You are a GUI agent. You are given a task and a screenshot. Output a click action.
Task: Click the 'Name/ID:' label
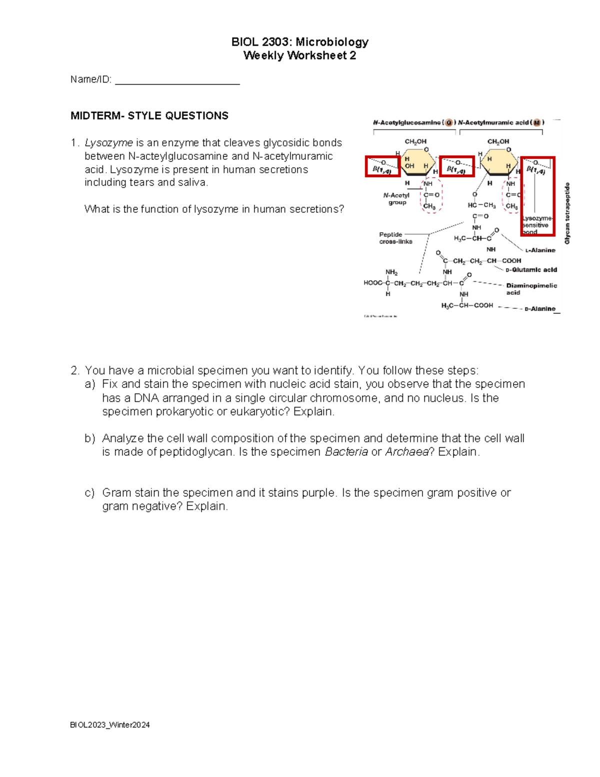click(x=90, y=80)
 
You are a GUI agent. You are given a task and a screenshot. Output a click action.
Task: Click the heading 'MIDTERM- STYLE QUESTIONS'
click(x=149, y=116)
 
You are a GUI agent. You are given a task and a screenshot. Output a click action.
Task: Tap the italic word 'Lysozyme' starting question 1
click(x=108, y=143)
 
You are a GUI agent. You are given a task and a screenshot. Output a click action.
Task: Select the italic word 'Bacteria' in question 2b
click(x=346, y=452)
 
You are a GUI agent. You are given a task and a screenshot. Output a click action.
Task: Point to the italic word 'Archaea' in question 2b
click(x=406, y=452)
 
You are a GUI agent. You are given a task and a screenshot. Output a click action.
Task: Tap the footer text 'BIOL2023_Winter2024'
click(x=110, y=725)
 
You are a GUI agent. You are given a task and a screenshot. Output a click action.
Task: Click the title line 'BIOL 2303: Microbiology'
click(x=299, y=42)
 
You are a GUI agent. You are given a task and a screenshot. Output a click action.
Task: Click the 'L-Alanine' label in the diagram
click(x=540, y=250)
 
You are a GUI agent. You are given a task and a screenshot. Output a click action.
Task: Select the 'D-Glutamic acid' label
click(x=531, y=270)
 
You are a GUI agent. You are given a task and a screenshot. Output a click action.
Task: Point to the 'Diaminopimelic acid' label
click(x=531, y=289)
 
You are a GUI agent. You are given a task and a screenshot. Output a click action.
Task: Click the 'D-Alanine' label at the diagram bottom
click(x=540, y=309)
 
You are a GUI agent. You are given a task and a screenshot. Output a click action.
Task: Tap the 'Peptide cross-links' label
click(x=395, y=238)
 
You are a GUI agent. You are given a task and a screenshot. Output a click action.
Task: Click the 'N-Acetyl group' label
click(x=396, y=199)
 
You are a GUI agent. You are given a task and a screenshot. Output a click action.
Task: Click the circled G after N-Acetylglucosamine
click(x=448, y=123)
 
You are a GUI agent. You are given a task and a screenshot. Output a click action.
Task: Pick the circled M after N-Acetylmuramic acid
click(x=536, y=123)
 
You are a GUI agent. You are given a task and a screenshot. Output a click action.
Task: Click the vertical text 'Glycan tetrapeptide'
click(x=567, y=213)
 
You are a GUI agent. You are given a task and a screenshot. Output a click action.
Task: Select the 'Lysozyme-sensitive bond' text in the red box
click(x=536, y=225)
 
